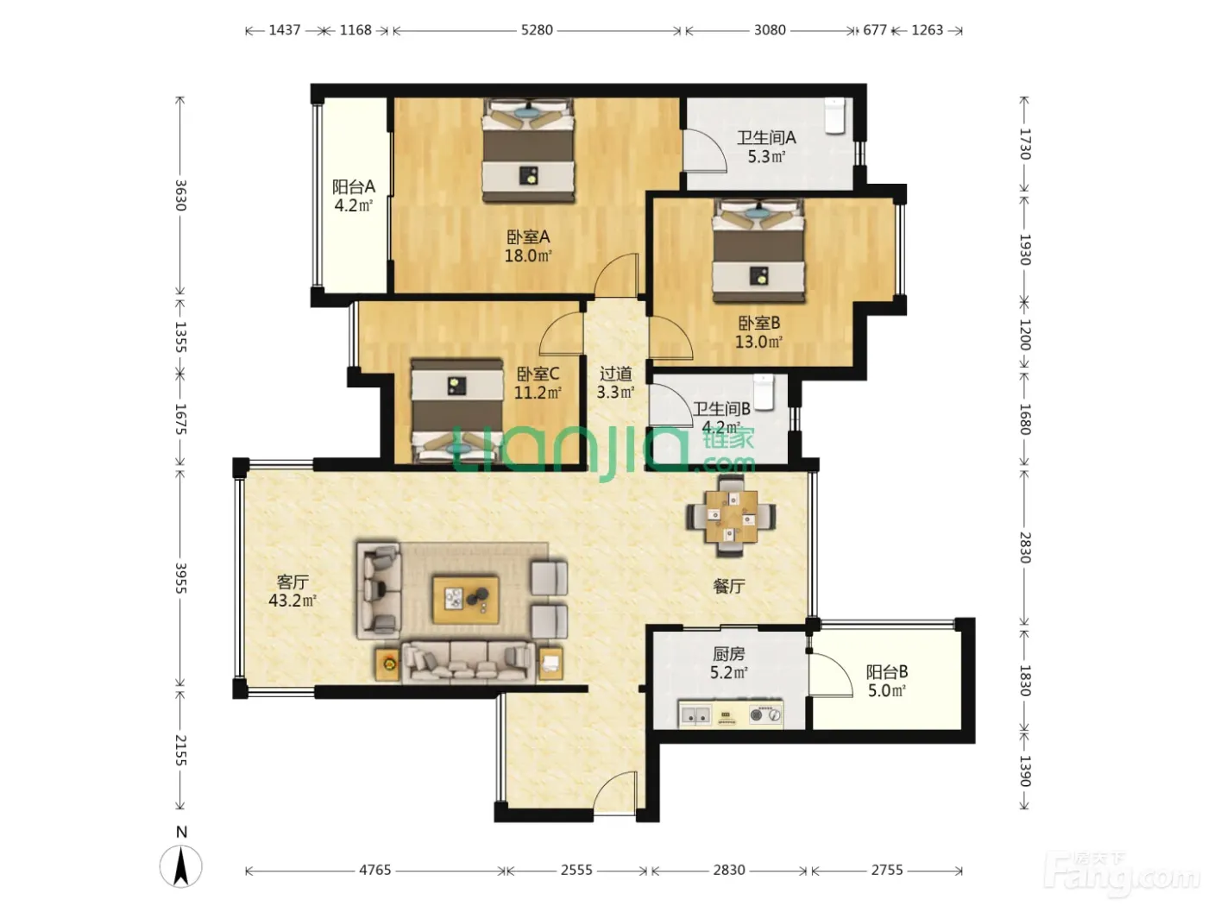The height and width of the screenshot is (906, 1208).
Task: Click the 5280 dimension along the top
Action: click(537, 30)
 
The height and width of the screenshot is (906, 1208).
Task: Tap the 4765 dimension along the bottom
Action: click(374, 870)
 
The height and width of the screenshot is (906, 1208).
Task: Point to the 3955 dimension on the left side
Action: click(180, 577)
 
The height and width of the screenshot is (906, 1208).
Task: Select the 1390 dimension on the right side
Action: click(1024, 771)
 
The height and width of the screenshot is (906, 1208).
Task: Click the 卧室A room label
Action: click(528, 237)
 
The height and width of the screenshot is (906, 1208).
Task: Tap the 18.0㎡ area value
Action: click(528, 255)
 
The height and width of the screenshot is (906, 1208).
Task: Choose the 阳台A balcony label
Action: click(353, 187)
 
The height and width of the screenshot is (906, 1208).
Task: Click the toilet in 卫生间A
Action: click(835, 116)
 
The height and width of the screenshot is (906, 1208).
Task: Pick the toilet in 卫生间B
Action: click(764, 393)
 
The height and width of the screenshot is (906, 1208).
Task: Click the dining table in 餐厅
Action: click(731, 516)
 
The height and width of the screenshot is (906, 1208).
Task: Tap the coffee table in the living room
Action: click(466, 600)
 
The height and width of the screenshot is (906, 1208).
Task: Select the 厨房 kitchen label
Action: click(728, 654)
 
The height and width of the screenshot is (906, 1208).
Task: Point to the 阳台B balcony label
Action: click(887, 671)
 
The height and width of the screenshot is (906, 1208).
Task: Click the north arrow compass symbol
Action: click(181, 866)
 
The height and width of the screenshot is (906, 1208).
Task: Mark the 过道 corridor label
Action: click(616, 374)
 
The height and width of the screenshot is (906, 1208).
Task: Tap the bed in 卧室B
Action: click(758, 251)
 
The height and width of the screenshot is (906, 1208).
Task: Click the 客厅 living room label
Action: click(293, 582)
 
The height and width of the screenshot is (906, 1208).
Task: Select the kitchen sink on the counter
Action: click(695, 715)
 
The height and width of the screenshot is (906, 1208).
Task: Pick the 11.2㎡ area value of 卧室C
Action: click(538, 393)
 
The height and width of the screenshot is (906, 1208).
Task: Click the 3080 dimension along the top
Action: click(770, 30)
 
